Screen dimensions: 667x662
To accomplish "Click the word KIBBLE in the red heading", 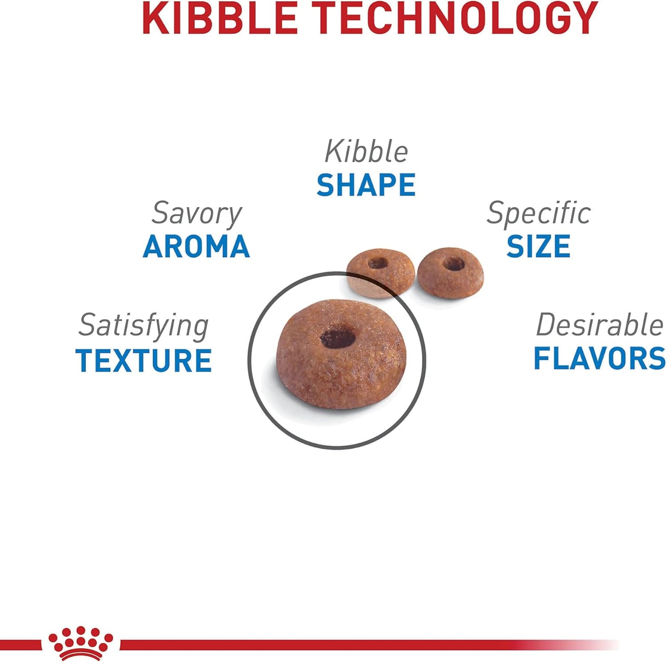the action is (x=220, y=18).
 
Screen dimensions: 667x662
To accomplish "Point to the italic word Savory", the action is (x=197, y=213).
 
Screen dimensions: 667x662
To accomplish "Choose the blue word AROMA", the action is (x=196, y=246).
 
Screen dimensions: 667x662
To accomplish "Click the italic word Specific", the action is (x=539, y=213).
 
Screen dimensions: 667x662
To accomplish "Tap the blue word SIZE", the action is (x=538, y=246).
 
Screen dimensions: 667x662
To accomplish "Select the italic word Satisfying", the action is (x=144, y=326).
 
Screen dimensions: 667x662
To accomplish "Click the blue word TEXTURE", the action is (x=143, y=360).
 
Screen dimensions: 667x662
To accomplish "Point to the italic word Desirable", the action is (x=600, y=325).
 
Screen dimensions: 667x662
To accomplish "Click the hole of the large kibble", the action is (x=337, y=338).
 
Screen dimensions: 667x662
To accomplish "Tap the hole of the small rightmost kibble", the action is (x=454, y=264).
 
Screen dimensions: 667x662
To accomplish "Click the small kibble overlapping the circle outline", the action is (x=380, y=273).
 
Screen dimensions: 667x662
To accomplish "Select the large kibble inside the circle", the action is (x=341, y=355).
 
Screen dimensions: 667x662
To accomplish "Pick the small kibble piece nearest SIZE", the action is (x=451, y=273).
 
